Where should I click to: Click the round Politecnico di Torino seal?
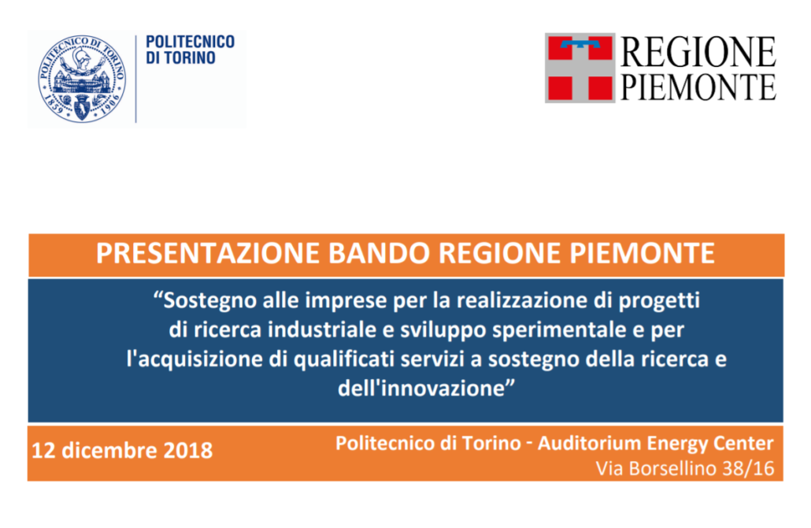(82, 79)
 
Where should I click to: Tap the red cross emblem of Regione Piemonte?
(580, 68)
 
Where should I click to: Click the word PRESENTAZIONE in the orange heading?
(208, 253)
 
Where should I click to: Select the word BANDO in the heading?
(379, 253)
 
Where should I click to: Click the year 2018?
(187, 450)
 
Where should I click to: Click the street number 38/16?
(749, 469)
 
